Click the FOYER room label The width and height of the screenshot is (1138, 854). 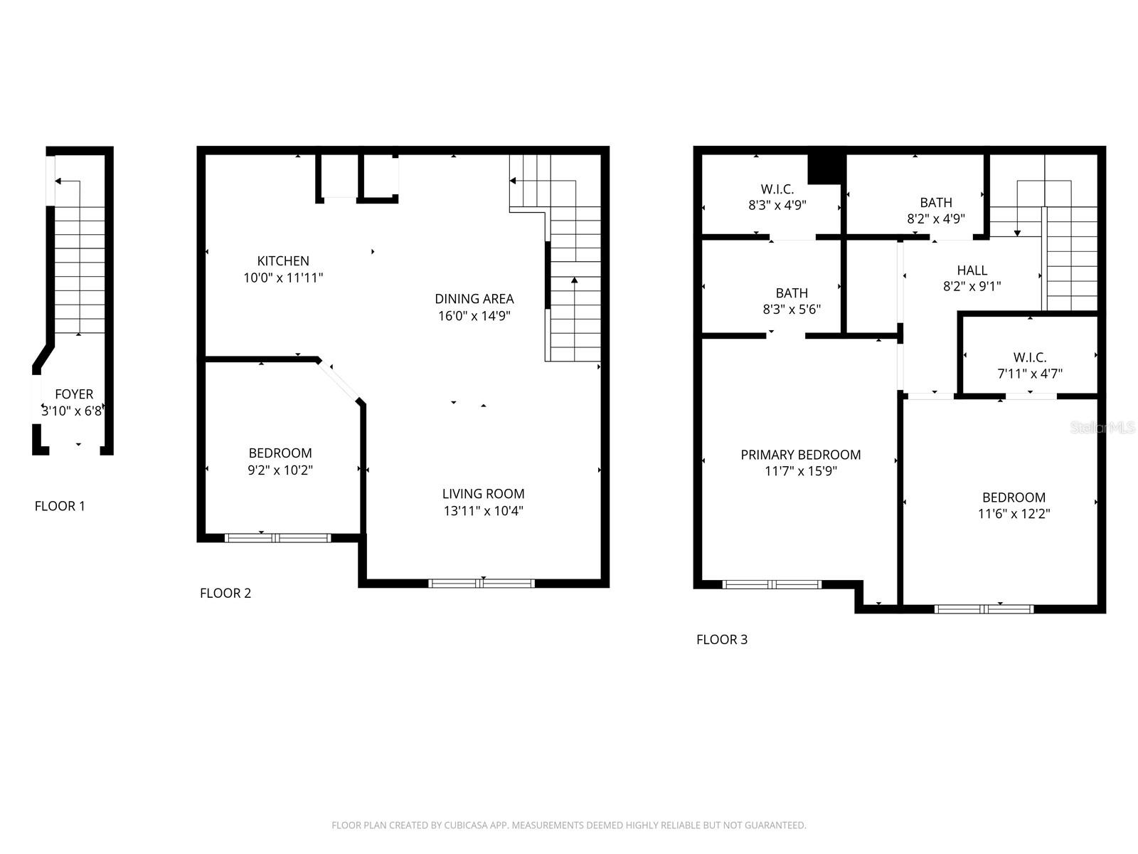74,394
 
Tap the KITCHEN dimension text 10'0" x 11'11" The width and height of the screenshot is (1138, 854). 283,278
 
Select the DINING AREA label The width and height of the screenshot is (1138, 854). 474,299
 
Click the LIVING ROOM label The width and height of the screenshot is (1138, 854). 483,494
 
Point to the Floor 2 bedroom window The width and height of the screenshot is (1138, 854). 277,538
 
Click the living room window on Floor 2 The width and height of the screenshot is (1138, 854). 482,584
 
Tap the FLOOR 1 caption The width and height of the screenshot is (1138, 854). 60,507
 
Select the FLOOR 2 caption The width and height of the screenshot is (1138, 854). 225,594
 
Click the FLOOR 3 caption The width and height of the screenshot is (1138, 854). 722,640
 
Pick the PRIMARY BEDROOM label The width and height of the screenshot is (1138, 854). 801,455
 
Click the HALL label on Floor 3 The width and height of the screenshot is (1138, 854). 972,270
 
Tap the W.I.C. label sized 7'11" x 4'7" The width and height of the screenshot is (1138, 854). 1030,357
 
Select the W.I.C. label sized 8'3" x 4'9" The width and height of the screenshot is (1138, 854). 777,189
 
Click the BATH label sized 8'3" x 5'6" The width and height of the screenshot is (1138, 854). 792,293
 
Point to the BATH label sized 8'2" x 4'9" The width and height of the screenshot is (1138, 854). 935,203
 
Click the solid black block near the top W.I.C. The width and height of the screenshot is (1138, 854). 825,169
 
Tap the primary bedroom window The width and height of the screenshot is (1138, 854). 772,585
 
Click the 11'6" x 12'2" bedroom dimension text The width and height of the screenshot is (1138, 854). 1014,514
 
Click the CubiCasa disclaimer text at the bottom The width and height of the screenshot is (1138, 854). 569,826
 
